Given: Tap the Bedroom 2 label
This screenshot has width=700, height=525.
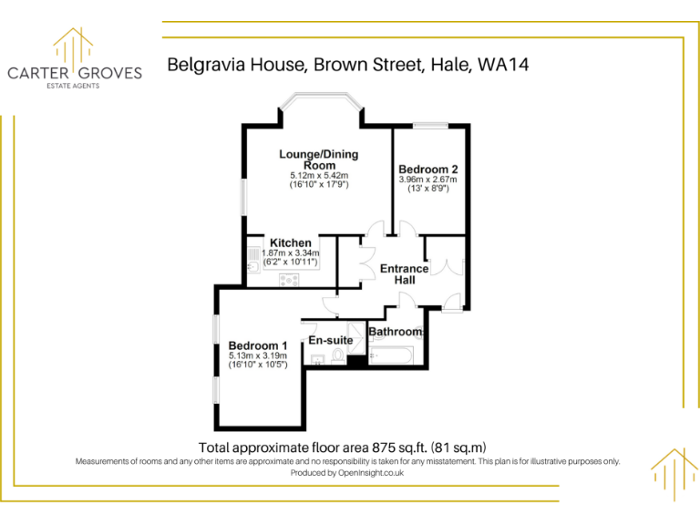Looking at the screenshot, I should pos(427,169).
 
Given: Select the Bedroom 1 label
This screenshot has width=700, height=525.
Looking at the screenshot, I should pos(257,345).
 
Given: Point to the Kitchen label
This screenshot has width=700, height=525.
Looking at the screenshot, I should pos(290,242).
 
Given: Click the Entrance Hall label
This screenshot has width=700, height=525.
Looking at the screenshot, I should pos(404,274).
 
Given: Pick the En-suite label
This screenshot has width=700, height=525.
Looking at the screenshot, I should pos(331,340).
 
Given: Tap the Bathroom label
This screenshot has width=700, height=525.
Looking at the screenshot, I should pos(395,332).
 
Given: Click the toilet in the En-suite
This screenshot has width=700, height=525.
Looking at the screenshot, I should pos(338,356).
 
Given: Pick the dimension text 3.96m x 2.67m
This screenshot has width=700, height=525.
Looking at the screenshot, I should pos(427,180).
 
